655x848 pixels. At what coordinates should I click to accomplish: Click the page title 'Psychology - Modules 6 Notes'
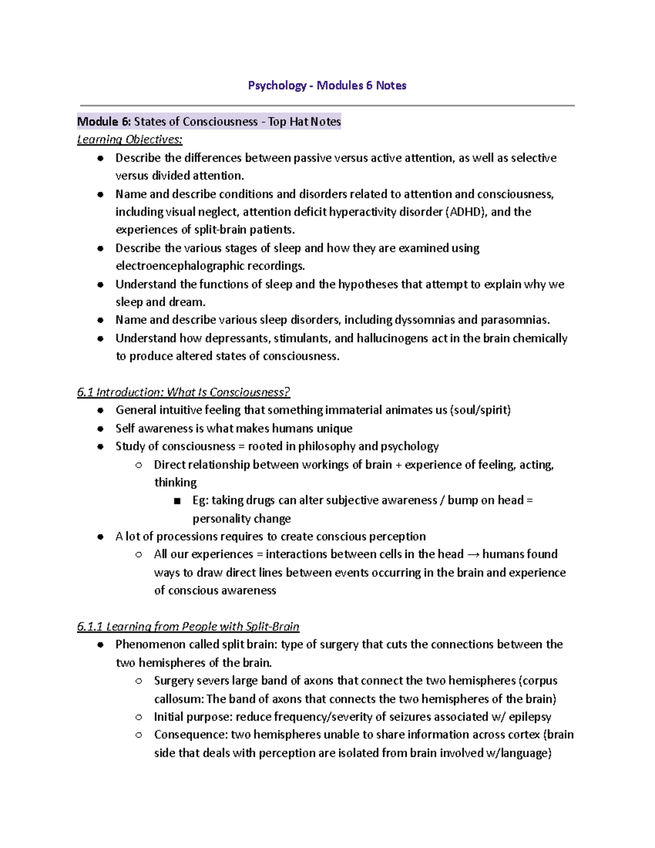click(327, 85)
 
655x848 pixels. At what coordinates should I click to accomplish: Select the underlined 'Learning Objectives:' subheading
click(129, 139)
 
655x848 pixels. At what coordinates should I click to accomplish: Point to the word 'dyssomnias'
click(424, 320)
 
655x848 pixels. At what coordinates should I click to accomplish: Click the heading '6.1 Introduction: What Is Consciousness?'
click(183, 392)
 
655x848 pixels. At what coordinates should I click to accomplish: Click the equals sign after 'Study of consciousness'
click(241, 447)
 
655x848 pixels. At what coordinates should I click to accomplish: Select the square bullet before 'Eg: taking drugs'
click(176, 501)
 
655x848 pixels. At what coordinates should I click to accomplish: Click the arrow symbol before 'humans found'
click(473, 555)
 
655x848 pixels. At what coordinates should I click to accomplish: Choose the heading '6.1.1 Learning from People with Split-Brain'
click(188, 626)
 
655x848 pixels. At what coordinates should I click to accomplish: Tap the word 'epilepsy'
click(529, 716)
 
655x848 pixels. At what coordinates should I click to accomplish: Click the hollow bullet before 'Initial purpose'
click(139, 717)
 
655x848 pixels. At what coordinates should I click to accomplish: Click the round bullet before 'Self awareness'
click(100, 429)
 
